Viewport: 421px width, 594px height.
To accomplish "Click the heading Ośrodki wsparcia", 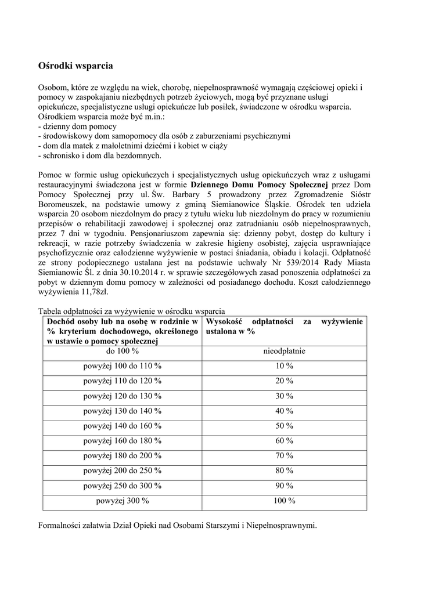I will click(x=75, y=66).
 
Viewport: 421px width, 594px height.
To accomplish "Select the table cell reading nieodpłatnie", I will click(x=285, y=351).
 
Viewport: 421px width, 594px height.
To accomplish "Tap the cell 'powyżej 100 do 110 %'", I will click(x=123, y=366).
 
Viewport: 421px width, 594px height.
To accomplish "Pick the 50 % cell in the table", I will click(x=285, y=426).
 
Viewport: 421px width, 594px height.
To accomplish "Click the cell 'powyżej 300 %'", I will click(x=123, y=501).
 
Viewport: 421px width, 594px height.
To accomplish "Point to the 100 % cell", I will click(x=285, y=501).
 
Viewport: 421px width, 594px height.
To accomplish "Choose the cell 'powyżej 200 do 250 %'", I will click(x=123, y=470).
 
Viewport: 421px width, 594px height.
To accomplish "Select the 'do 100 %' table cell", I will click(x=123, y=351).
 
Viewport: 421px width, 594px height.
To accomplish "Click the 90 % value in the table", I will click(x=285, y=486).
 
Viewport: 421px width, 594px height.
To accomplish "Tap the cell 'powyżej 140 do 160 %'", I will click(x=123, y=426).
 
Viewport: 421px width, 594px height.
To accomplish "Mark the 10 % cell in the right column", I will click(x=285, y=366).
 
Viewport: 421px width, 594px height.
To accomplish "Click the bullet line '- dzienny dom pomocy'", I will click(x=77, y=126).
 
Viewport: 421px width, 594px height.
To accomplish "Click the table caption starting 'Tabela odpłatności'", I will click(x=131, y=311).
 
